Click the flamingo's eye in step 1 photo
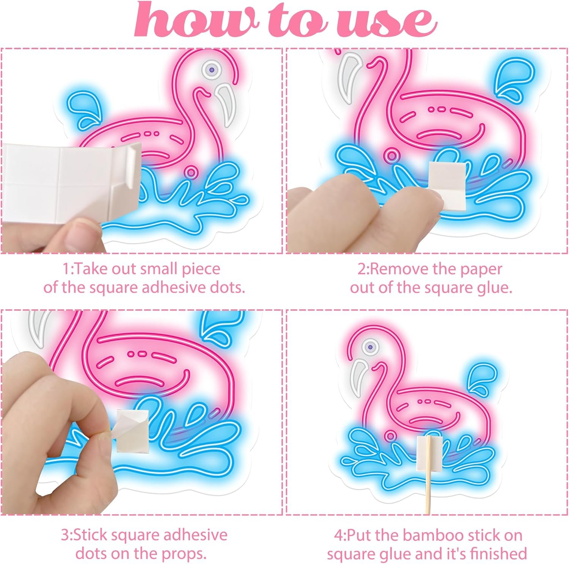[211, 69]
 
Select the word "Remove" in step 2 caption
[397, 269]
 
